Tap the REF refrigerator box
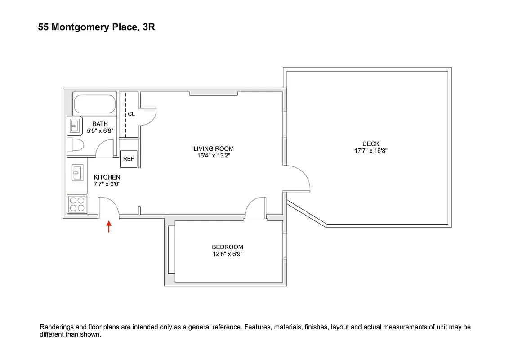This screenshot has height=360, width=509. pos(129,158)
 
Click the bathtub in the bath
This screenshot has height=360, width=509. pos(94,104)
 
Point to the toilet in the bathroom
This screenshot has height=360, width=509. pos(75,145)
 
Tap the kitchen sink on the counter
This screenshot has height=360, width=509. pos(76,171)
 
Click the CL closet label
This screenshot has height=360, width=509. pos(131,114)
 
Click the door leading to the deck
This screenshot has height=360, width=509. pos(298,178)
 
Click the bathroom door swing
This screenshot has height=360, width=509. pos(105,149)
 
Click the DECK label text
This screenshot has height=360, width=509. pos(371,144)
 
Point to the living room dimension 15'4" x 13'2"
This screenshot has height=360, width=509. pos(214,156)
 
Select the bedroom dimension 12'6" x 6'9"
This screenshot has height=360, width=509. pos(228,254)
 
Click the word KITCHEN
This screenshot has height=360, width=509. pos(107,177)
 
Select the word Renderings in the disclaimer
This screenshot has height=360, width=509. pos(57,327)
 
